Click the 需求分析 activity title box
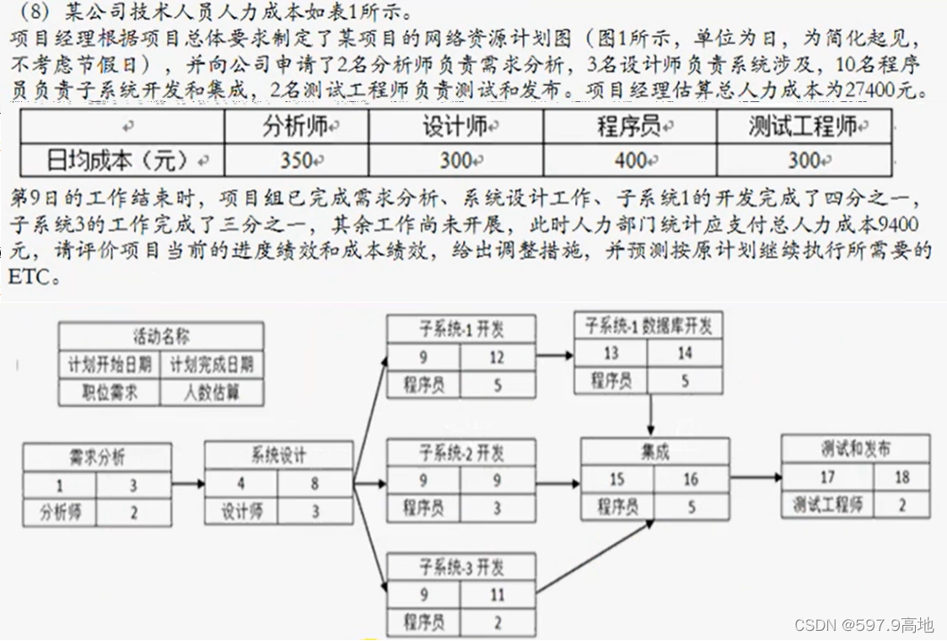(96, 457)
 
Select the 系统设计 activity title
(278, 455)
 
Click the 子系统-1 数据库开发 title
(648, 325)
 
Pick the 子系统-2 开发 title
(461, 453)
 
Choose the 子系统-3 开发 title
(461, 566)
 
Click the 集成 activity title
(654, 452)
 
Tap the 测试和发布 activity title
(855, 449)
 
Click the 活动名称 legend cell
(160, 336)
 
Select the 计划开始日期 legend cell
(110, 364)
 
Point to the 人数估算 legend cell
(212, 392)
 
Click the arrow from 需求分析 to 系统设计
(186, 484)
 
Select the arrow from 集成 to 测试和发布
(755, 477)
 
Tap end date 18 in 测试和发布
(901, 477)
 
